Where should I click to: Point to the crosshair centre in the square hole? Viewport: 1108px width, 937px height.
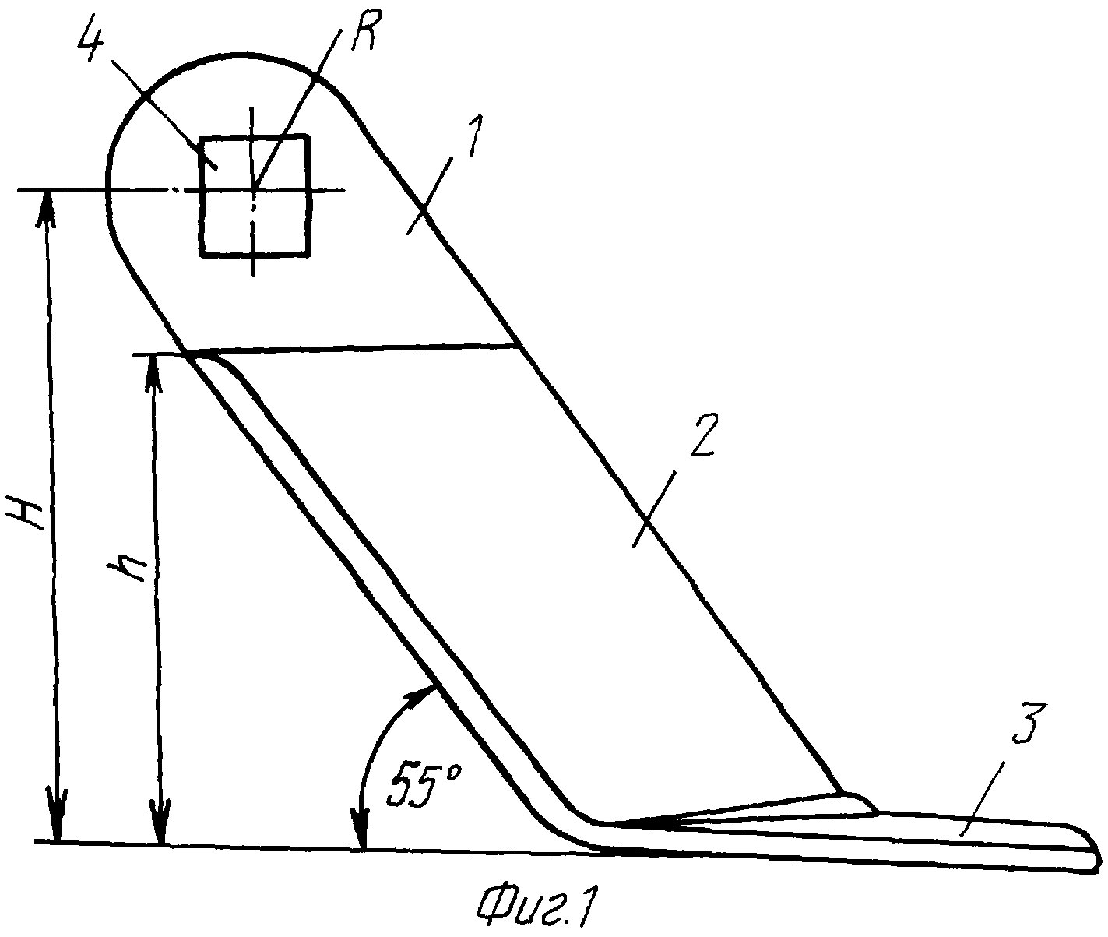coord(254,189)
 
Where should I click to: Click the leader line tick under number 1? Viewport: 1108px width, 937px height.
coord(429,196)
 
